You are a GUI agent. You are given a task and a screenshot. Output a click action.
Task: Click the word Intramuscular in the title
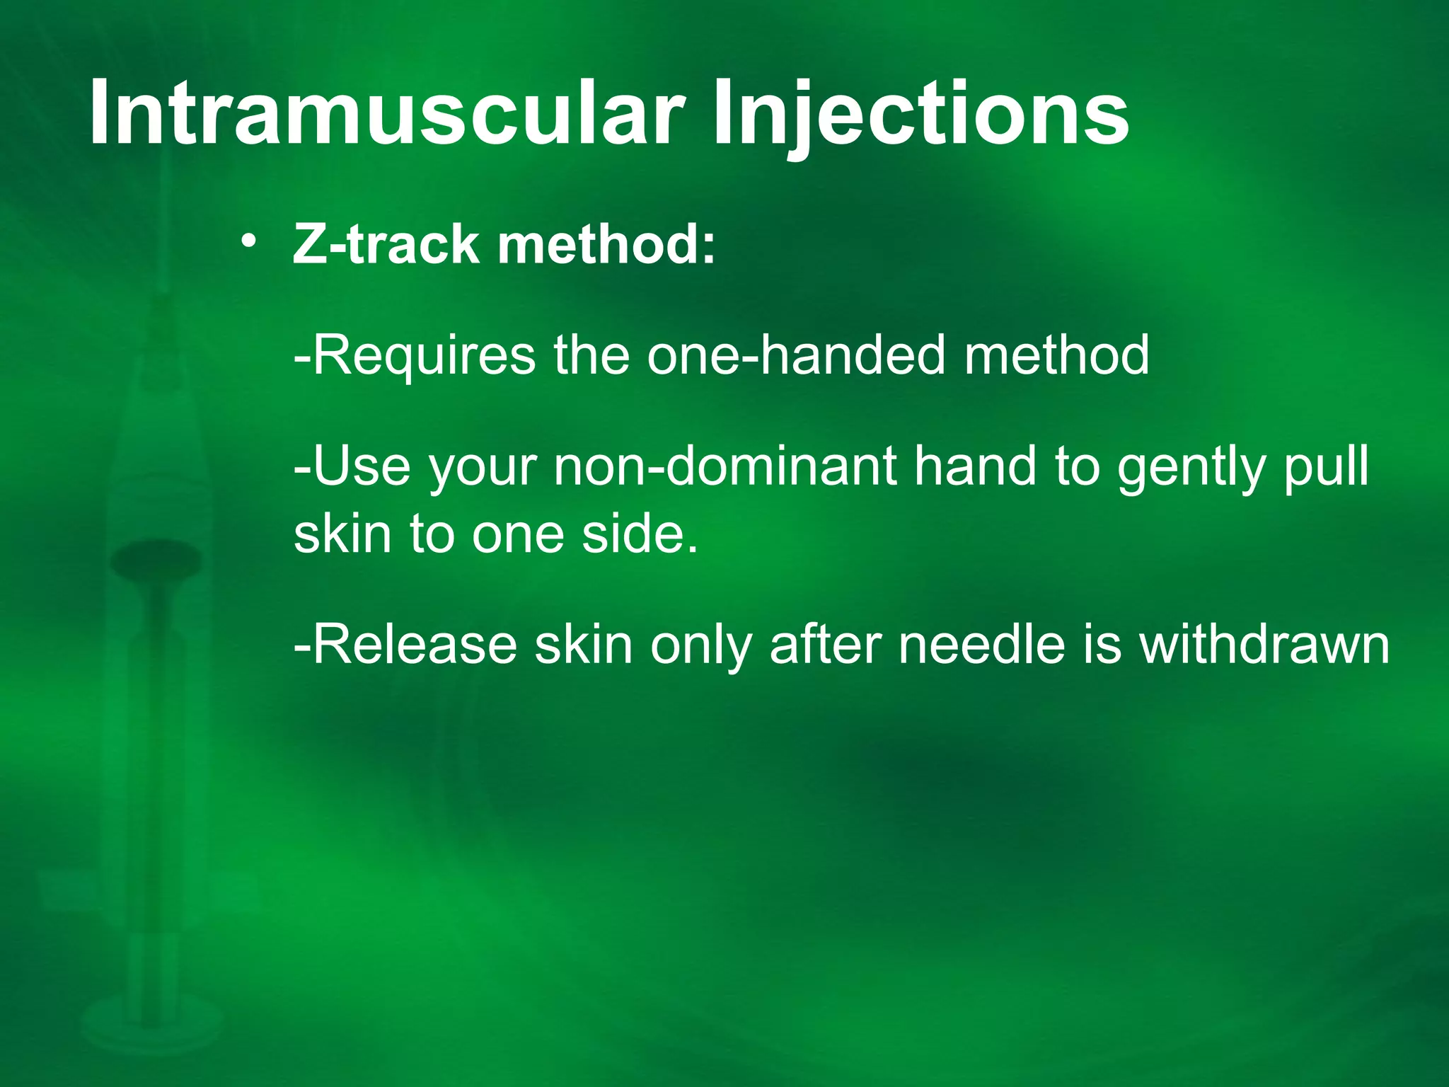point(386,113)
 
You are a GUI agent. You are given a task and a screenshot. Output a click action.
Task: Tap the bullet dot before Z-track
point(248,242)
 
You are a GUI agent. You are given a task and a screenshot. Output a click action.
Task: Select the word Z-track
point(386,244)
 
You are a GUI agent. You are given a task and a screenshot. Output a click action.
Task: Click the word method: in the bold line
point(606,244)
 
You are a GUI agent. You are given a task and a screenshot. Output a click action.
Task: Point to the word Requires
point(414,356)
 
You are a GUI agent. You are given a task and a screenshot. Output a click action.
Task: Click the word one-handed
point(796,355)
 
